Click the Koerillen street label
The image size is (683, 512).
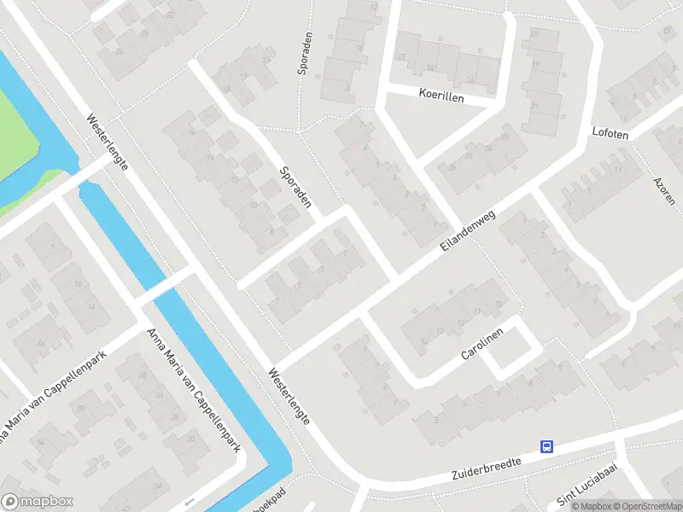tap(442, 97)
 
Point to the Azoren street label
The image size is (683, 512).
tap(663, 195)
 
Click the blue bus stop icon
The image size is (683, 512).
tap(546, 446)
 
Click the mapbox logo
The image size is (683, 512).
tap(38, 502)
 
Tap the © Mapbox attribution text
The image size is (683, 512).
tap(590, 506)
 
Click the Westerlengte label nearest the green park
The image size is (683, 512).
tap(108, 143)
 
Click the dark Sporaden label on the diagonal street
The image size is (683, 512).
tap(295, 188)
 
